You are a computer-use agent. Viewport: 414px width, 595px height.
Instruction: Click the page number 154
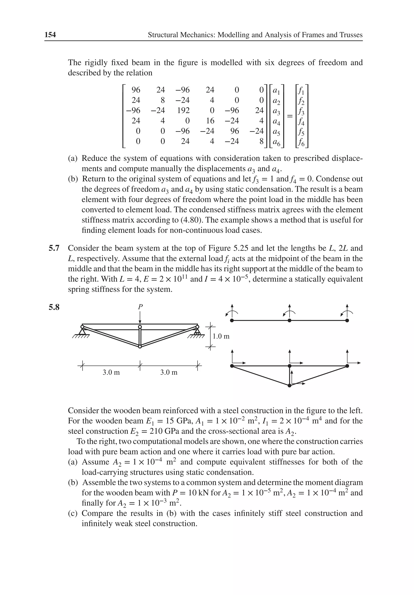coord(50,35)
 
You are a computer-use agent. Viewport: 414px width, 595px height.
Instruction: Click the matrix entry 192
coord(183,110)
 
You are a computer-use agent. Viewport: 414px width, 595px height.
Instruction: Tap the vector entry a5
coord(277,131)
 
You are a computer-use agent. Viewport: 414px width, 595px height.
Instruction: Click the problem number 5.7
coord(54,248)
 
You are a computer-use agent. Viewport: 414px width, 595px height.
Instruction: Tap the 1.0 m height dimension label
coord(221,337)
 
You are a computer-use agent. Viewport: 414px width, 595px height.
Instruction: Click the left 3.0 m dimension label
coord(111,373)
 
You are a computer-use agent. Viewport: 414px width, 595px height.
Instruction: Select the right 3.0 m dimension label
coord(169,373)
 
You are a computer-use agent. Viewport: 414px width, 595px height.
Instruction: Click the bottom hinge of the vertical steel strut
coord(140,346)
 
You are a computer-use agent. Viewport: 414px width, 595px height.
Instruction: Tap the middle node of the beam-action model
coord(289,321)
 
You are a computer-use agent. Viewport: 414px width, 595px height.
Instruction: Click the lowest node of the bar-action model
coord(289,386)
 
